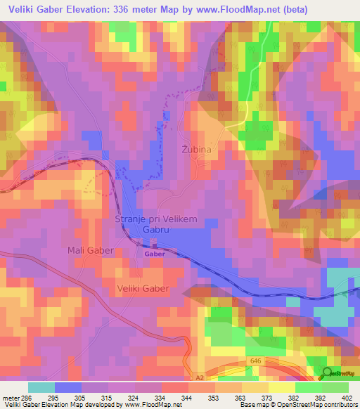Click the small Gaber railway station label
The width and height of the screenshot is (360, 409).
(x=155, y=254)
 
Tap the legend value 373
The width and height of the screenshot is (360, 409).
(x=268, y=397)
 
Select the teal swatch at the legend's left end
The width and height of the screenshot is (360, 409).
(x=41, y=387)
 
